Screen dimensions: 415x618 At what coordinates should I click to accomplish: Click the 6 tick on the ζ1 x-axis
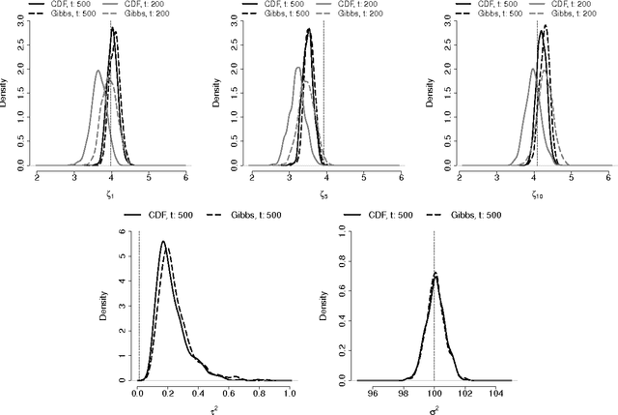click(185, 177)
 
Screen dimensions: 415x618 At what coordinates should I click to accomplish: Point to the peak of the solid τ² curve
click(163, 241)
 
